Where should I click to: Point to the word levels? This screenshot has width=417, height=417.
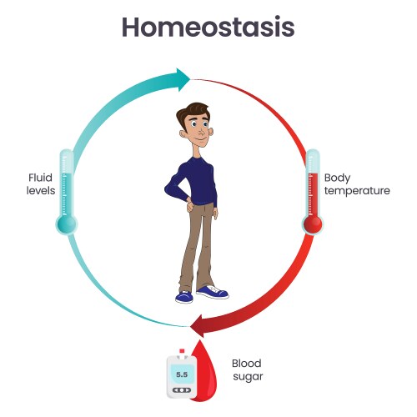41,190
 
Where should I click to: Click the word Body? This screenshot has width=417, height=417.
337,177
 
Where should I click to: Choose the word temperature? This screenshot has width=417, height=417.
357,190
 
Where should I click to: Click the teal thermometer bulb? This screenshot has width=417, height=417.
67,223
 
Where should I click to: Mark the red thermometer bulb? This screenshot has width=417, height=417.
314,223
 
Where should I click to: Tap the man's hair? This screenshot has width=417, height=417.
197,112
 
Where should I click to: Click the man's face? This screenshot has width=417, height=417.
198,129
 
